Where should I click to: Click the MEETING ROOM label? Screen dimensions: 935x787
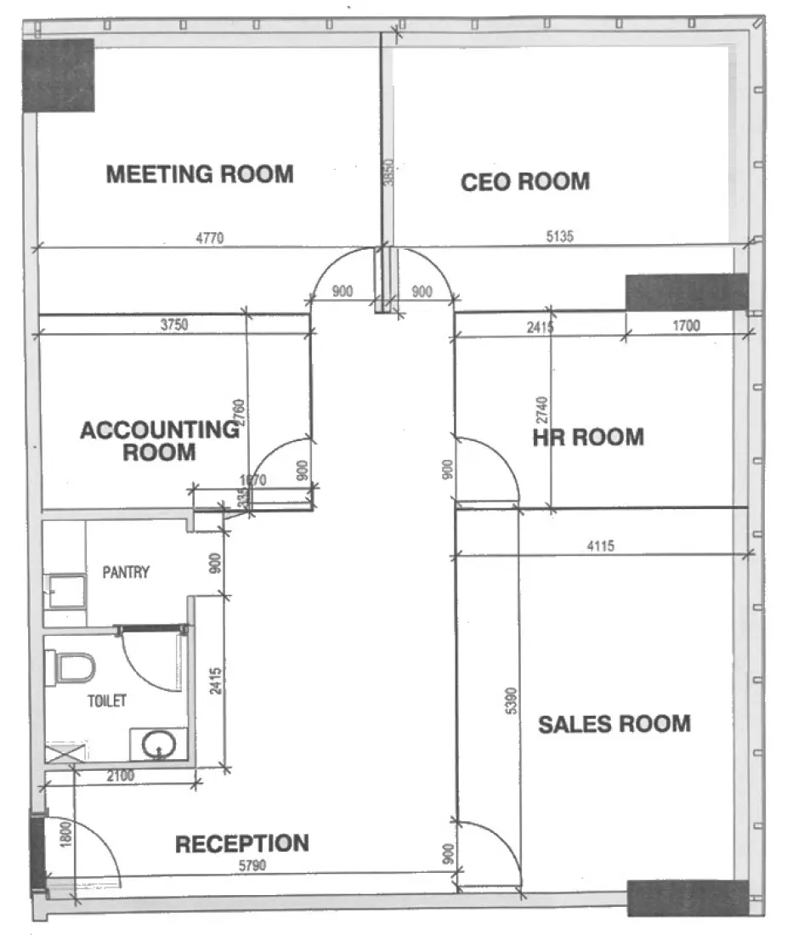point(200,174)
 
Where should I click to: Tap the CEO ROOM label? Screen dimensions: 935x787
point(524,182)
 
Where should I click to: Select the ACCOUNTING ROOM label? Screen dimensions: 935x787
point(159,440)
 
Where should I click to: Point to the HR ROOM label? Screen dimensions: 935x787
point(587,438)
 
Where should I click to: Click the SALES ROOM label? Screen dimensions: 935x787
point(614,724)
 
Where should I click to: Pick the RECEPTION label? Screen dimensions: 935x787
point(241,844)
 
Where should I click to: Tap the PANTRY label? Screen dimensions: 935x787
point(126,572)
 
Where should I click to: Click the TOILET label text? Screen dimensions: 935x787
point(107,701)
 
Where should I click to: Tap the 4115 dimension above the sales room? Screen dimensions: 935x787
point(600,547)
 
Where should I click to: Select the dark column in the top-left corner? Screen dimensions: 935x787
point(58,75)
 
